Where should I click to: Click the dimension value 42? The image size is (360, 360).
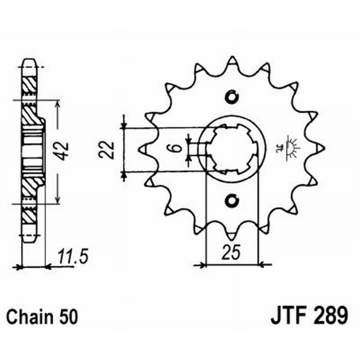tap(63, 151)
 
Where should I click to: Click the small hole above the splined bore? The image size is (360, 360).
tap(232, 96)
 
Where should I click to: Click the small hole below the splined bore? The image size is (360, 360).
tap(232, 199)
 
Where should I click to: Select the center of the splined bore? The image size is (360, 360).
tap(232, 148)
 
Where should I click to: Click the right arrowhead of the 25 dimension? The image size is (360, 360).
tap(263, 265)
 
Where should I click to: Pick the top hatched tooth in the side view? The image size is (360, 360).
tap(28, 83)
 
